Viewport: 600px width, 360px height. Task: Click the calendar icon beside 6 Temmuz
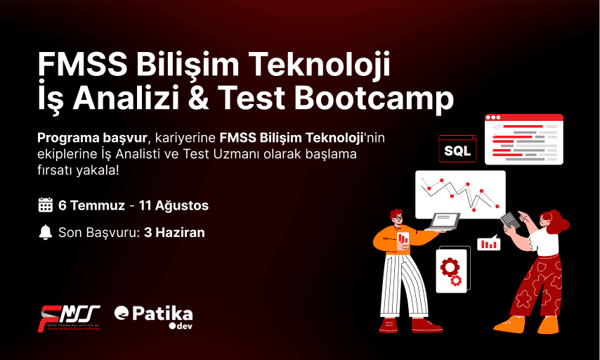46,205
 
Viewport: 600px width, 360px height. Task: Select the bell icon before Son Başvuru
46,232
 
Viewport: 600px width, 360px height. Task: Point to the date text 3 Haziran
174,232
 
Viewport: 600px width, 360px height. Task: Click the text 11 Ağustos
174,205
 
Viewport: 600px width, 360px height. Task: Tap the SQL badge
457,149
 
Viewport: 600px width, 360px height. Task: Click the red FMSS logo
69,317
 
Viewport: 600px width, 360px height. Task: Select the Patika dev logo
153,316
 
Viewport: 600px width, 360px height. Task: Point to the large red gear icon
450,266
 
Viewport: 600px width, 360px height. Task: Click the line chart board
459,194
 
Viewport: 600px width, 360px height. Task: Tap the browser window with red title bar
523,139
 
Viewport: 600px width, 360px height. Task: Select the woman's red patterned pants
538,285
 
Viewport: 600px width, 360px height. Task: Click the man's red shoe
426,325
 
